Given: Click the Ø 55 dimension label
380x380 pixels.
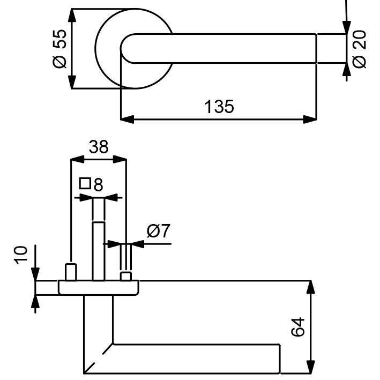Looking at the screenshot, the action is (x=59, y=49).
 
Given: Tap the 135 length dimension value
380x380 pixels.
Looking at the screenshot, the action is (x=219, y=107).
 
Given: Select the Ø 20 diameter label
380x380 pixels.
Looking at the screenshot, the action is (x=359, y=49).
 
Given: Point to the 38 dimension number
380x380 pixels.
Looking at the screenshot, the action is (x=99, y=147).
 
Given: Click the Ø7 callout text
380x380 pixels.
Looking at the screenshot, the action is (x=159, y=231).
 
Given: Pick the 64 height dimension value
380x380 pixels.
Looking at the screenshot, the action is (x=297, y=327).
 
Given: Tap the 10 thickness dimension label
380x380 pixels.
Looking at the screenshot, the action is (x=21, y=255).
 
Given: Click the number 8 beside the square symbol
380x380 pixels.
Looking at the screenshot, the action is (x=98, y=185).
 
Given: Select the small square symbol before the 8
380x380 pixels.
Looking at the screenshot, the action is (x=85, y=183).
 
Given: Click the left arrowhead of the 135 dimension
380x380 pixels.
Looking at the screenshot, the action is (x=127, y=119).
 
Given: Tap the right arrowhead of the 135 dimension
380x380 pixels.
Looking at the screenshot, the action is (x=310, y=119).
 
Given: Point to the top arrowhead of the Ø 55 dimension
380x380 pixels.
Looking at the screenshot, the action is (x=72, y=16).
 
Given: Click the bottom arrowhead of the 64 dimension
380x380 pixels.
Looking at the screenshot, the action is (x=310, y=367).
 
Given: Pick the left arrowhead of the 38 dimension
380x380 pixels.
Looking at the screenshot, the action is (x=77, y=159).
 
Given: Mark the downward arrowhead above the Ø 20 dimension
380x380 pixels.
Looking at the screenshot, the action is (x=347, y=27).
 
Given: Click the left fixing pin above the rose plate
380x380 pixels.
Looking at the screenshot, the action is (x=71, y=272).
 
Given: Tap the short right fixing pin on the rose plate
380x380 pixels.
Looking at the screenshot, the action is (x=126, y=276).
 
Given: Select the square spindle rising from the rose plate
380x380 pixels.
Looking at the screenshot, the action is (x=99, y=251).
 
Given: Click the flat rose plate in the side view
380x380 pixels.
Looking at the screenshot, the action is (x=99, y=288).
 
